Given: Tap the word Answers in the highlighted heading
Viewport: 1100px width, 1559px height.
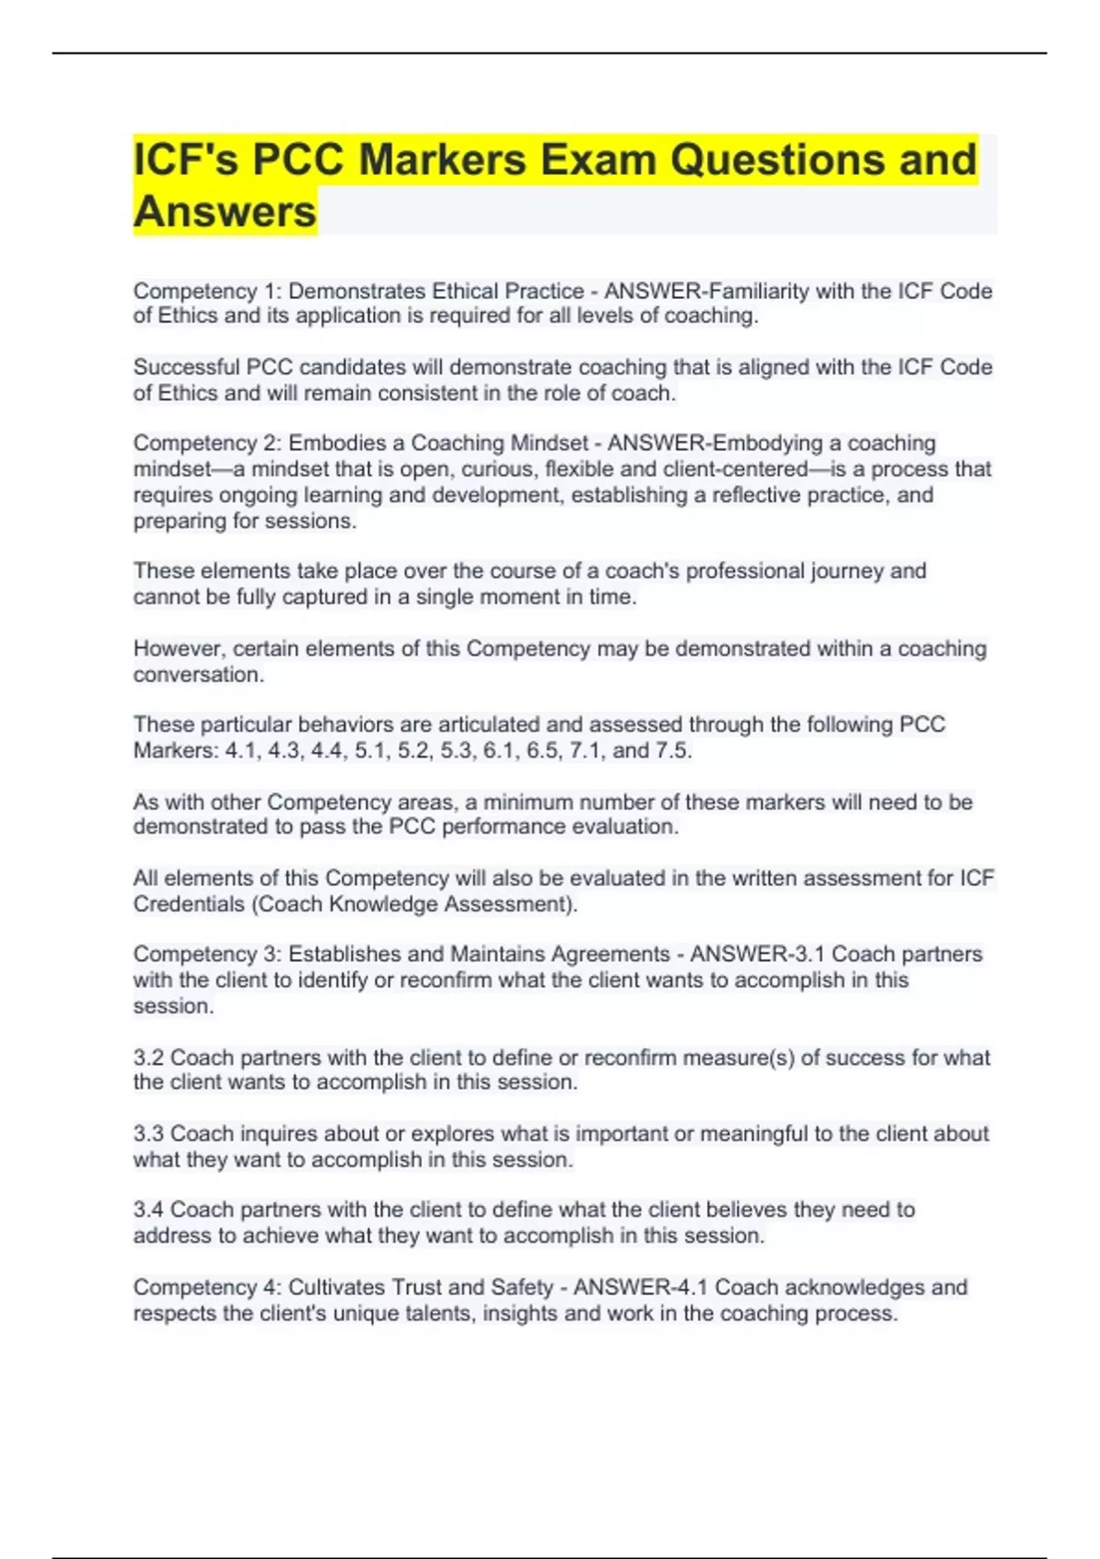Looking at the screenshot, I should pos(225,212).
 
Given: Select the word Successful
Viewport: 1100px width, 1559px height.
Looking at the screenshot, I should pos(186,367).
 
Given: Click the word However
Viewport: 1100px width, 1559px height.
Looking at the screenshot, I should pos(178,648).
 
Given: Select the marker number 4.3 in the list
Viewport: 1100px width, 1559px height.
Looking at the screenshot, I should pos(285,751).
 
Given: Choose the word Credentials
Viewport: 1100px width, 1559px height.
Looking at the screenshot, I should pos(188,904).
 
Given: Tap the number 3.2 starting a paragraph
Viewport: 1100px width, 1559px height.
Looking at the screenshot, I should pos(148,1057).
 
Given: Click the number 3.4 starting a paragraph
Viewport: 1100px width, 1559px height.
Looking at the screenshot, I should pos(148,1210).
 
